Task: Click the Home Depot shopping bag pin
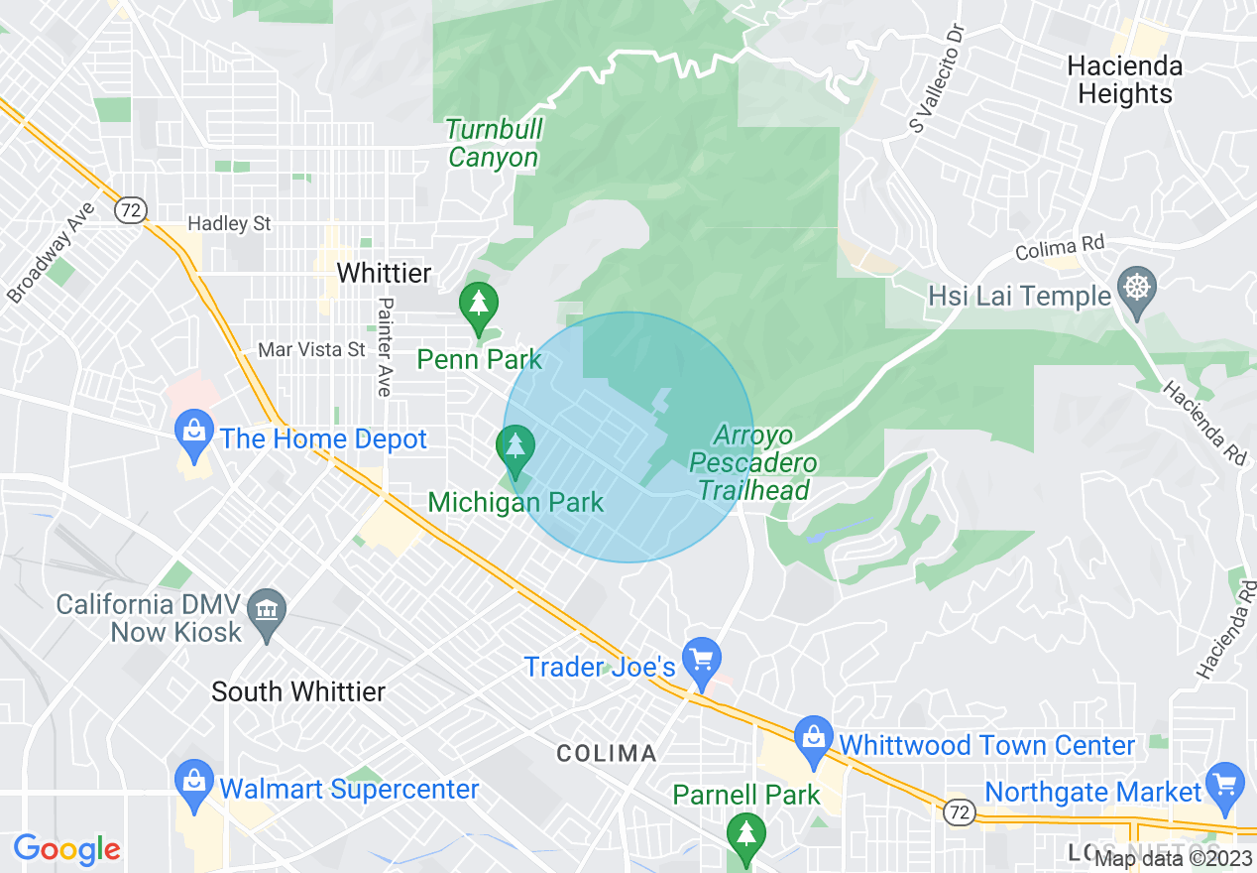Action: point(195,433)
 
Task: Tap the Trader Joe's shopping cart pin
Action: point(702,659)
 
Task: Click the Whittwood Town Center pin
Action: point(813,738)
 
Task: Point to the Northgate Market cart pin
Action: point(1226,783)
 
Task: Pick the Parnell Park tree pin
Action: point(745,834)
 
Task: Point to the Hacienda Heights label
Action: point(1124,80)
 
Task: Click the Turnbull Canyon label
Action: point(493,143)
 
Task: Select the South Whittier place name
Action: point(298,691)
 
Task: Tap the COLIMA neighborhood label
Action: point(607,753)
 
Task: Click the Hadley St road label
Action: point(229,223)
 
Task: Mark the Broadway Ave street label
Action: point(52,253)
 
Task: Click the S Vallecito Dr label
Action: point(936,78)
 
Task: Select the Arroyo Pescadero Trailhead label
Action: point(753,463)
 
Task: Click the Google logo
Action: point(66,849)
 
